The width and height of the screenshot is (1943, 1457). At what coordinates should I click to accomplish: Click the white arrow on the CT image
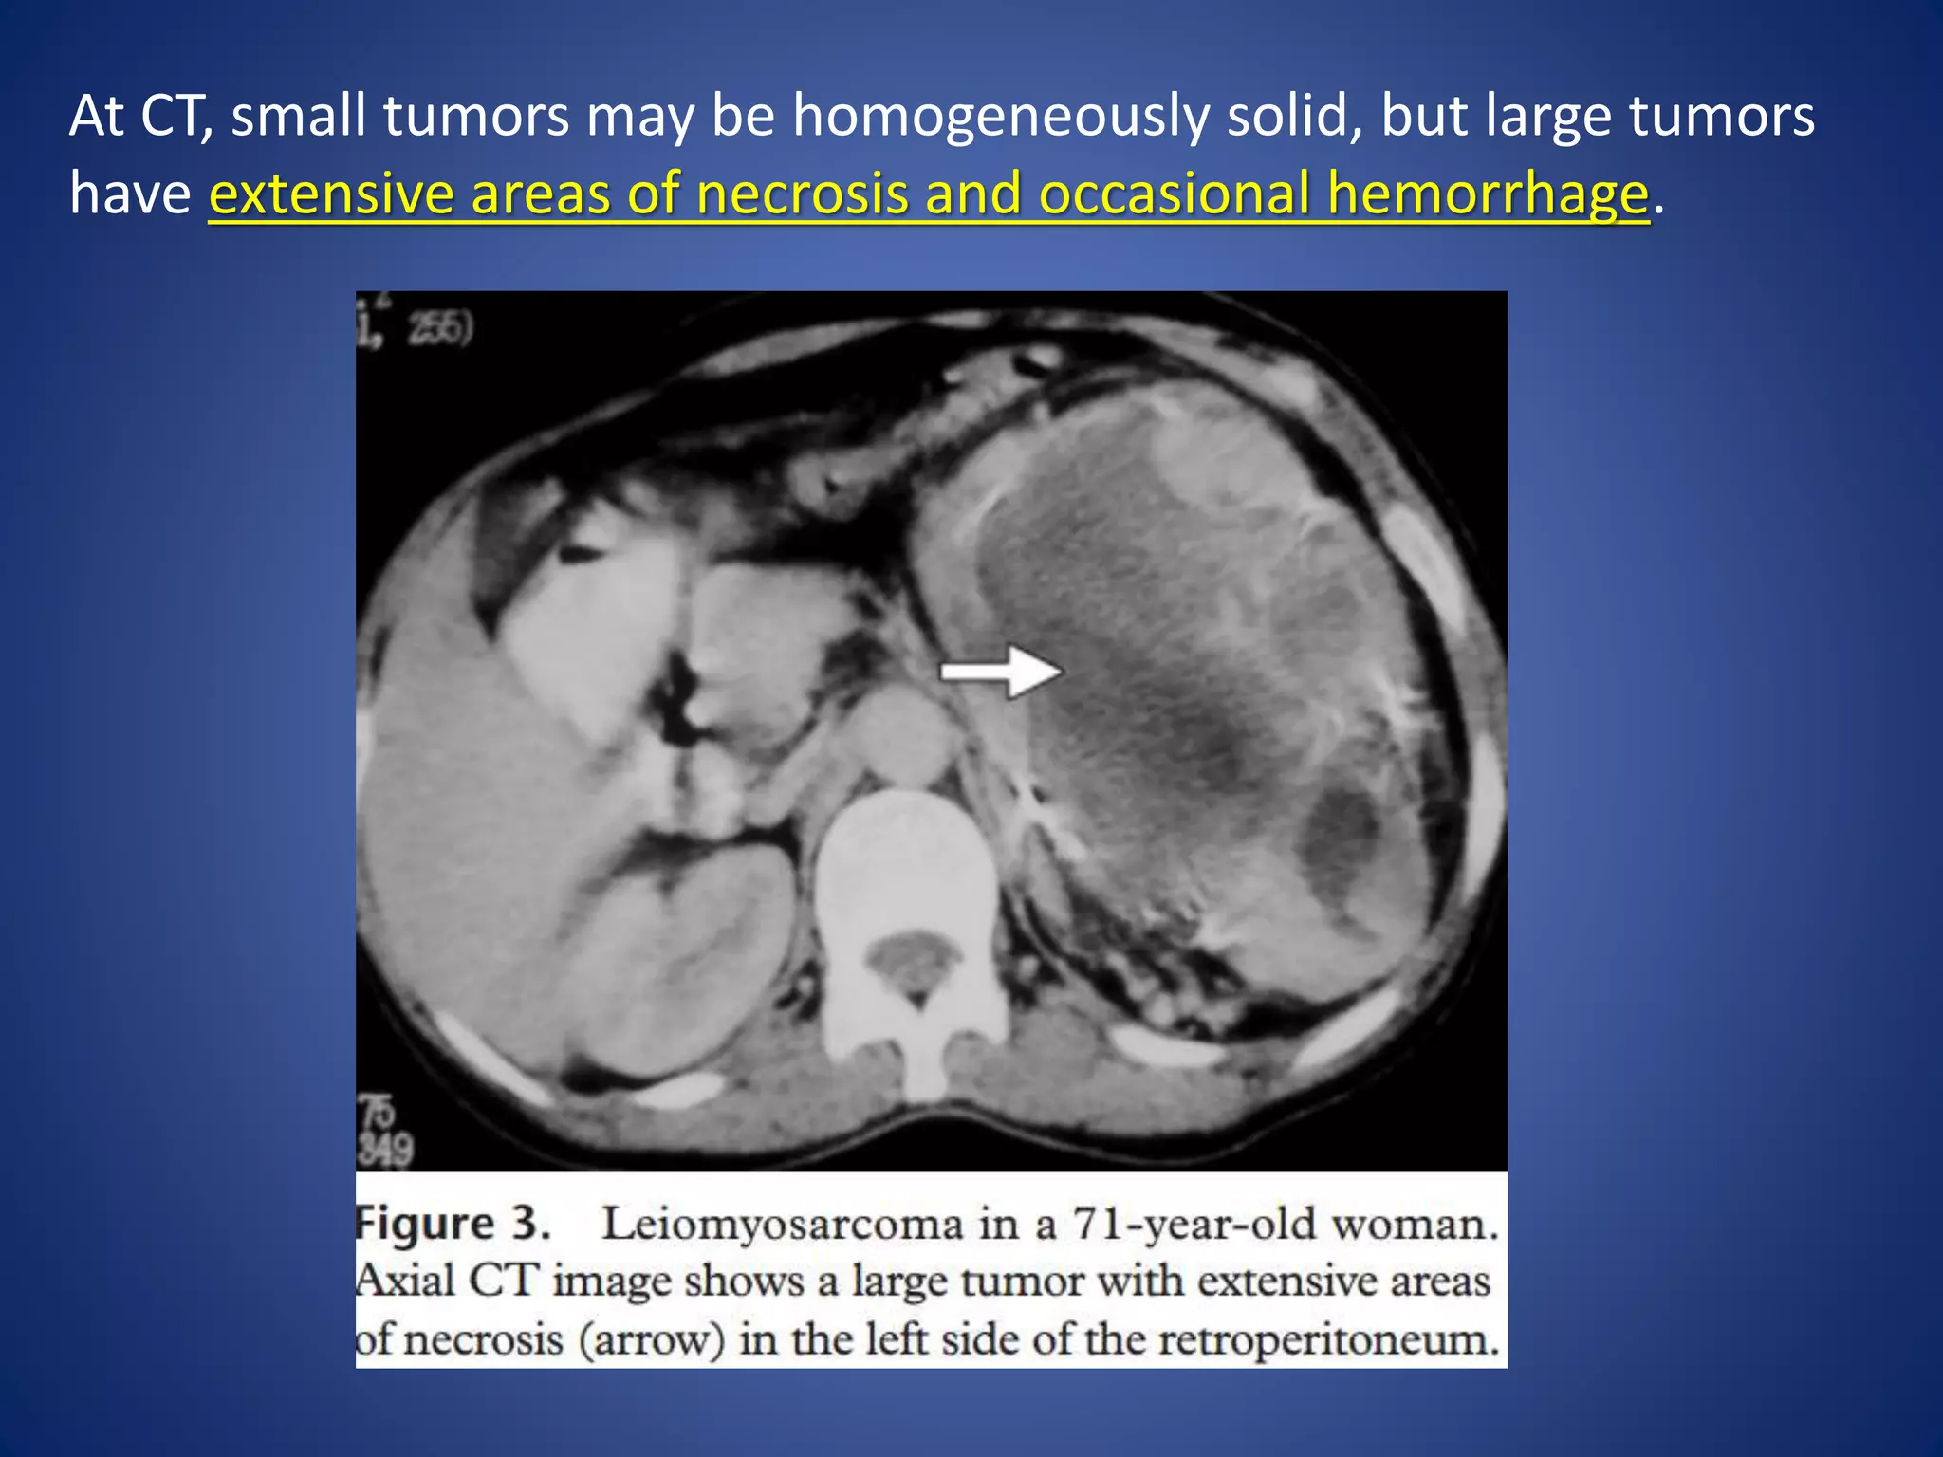pos(1001,672)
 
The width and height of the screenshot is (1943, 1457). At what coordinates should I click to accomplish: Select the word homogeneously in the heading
pos(1000,116)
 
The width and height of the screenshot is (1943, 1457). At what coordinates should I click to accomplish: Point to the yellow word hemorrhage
pos(1487,194)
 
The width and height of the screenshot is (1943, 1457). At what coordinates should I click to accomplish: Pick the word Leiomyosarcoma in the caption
pos(783,1225)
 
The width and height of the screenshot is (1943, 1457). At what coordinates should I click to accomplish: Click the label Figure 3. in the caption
pos(453,1225)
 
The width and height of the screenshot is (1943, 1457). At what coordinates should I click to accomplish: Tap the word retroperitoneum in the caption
pos(1328,1340)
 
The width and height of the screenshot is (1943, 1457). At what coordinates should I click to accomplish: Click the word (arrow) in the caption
pos(652,1340)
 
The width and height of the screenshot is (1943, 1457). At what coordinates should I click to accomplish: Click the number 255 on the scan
pos(438,329)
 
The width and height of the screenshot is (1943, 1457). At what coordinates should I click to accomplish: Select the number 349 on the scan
pos(386,1151)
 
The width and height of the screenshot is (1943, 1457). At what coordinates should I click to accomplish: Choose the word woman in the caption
pos(1413,1225)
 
